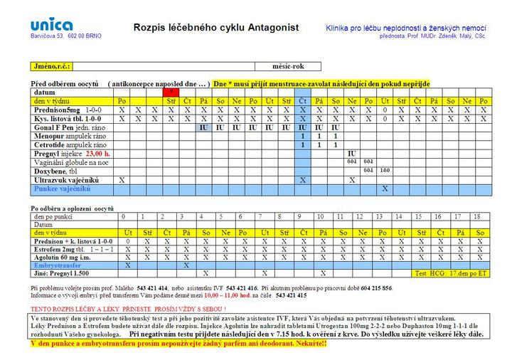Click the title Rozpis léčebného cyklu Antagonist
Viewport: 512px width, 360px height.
pos(215,28)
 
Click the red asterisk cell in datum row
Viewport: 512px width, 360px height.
pos(171,92)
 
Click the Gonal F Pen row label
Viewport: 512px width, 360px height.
pos(60,127)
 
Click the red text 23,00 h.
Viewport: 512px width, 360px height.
pos(98,154)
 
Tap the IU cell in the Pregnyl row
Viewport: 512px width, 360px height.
pos(351,154)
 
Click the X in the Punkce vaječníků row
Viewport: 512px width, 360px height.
pos(384,189)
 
